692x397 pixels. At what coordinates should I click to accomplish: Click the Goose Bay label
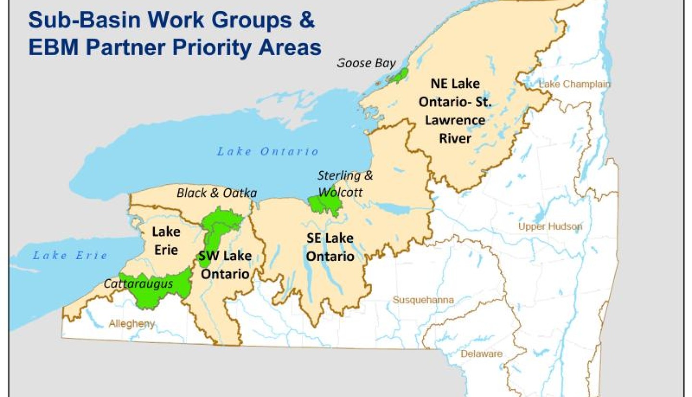[x=366, y=63]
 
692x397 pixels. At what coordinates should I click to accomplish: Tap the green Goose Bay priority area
[x=399, y=75]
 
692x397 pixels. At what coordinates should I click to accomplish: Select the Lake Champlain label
[x=574, y=84]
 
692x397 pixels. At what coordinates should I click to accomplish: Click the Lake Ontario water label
[x=268, y=152]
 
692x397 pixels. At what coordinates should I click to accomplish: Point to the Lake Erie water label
[x=70, y=255]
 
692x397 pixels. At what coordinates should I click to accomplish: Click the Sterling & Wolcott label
[x=345, y=182]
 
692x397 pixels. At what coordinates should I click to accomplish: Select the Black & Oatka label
[x=217, y=193]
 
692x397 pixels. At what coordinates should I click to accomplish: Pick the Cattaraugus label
[x=138, y=284]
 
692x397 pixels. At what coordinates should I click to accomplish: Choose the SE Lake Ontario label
[x=330, y=247]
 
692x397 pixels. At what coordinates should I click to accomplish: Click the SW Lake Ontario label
[x=225, y=265]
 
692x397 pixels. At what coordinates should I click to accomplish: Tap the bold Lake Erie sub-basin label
[x=166, y=241]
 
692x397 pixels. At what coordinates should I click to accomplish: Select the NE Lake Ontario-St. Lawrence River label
[x=455, y=110]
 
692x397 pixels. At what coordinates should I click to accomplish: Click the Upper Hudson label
[x=550, y=227]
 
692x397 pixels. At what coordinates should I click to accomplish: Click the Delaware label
[x=482, y=354]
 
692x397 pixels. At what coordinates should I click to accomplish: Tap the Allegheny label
[x=132, y=324]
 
